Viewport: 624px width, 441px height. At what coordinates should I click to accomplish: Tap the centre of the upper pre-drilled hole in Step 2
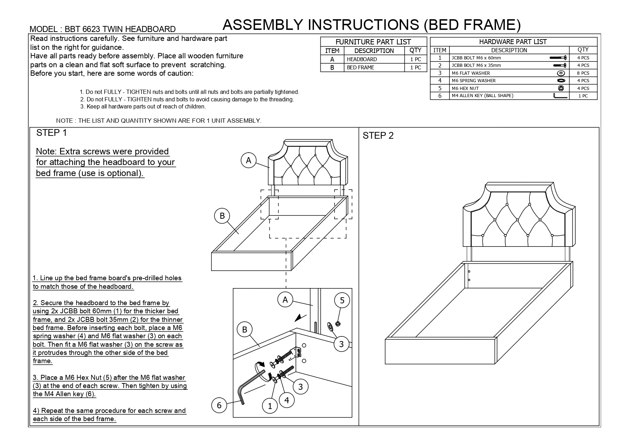tap(469, 272)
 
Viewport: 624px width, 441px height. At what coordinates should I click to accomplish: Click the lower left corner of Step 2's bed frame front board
tap(385, 364)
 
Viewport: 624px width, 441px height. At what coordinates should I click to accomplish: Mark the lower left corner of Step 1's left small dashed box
tap(261, 219)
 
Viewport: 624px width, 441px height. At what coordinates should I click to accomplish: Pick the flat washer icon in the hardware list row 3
tap(561, 73)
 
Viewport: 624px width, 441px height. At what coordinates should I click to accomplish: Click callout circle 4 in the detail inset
tap(287, 400)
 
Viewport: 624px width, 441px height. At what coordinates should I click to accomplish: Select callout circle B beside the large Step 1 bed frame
tap(222, 216)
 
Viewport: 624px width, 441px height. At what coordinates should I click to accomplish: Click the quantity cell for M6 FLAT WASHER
tap(583, 73)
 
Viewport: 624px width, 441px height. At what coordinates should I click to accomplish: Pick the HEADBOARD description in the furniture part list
tap(362, 59)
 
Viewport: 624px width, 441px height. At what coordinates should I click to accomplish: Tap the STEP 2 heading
tap(378, 136)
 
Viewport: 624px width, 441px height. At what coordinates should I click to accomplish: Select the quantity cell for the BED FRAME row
tap(415, 68)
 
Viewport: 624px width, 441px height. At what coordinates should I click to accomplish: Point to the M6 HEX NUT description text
tap(465, 88)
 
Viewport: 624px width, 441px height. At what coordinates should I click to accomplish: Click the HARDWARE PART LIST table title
tap(513, 42)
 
